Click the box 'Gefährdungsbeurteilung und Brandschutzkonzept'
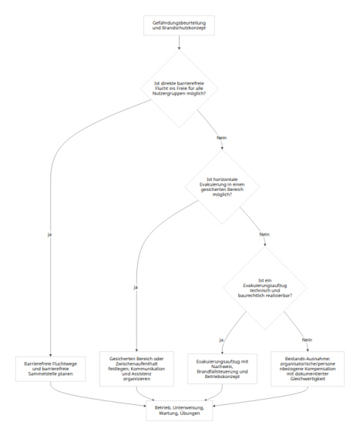(x=179, y=25)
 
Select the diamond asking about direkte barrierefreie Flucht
(x=179, y=89)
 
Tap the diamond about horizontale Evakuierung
(x=222, y=187)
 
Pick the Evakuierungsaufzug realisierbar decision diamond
(x=265, y=288)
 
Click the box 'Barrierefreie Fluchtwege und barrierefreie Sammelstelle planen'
(x=51, y=369)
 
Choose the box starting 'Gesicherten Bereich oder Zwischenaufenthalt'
(x=136, y=369)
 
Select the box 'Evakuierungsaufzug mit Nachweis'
(x=222, y=369)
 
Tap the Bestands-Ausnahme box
(x=308, y=369)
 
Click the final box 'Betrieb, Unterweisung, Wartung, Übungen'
(x=179, y=410)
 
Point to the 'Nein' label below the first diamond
(x=221, y=138)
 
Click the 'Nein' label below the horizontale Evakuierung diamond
(x=264, y=235)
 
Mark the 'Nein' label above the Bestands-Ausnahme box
(x=307, y=340)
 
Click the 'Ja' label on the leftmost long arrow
(x=49, y=235)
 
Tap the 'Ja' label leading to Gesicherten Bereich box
(x=136, y=287)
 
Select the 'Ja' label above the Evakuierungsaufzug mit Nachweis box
(x=221, y=340)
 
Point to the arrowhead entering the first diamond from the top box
(x=179, y=49)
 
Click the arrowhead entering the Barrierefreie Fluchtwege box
(x=51, y=355)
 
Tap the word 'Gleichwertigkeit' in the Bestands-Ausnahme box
(x=308, y=379)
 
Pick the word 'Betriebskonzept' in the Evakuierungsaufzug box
(x=222, y=377)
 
